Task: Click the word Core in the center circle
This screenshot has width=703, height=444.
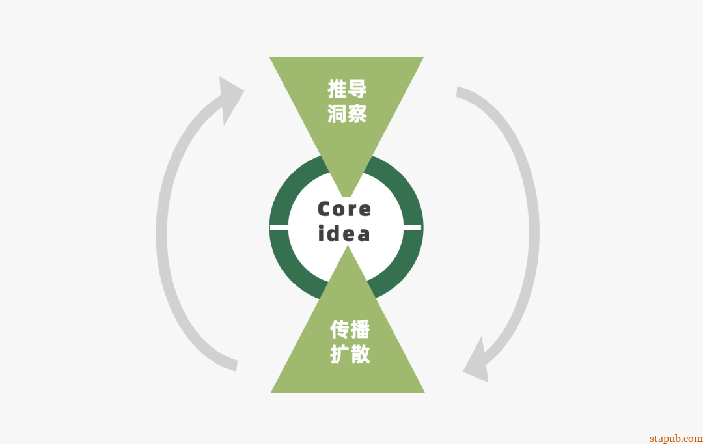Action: click(x=344, y=209)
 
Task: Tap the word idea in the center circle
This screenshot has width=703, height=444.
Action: click(x=344, y=233)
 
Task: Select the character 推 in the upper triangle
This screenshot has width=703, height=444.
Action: click(x=337, y=89)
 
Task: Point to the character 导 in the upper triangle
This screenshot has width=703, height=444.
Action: click(x=357, y=89)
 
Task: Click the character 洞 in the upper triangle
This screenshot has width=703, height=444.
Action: click(x=337, y=113)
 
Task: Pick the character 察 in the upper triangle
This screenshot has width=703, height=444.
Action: click(x=357, y=113)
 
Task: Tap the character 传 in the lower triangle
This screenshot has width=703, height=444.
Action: click(x=339, y=329)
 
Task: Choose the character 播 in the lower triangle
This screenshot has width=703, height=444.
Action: click(x=359, y=329)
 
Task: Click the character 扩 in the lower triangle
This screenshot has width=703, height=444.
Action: click(x=339, y=354)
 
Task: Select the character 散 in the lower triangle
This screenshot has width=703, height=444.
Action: click(x=359, y=354)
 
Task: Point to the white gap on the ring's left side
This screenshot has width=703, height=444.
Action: click(x=279, y=227)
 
